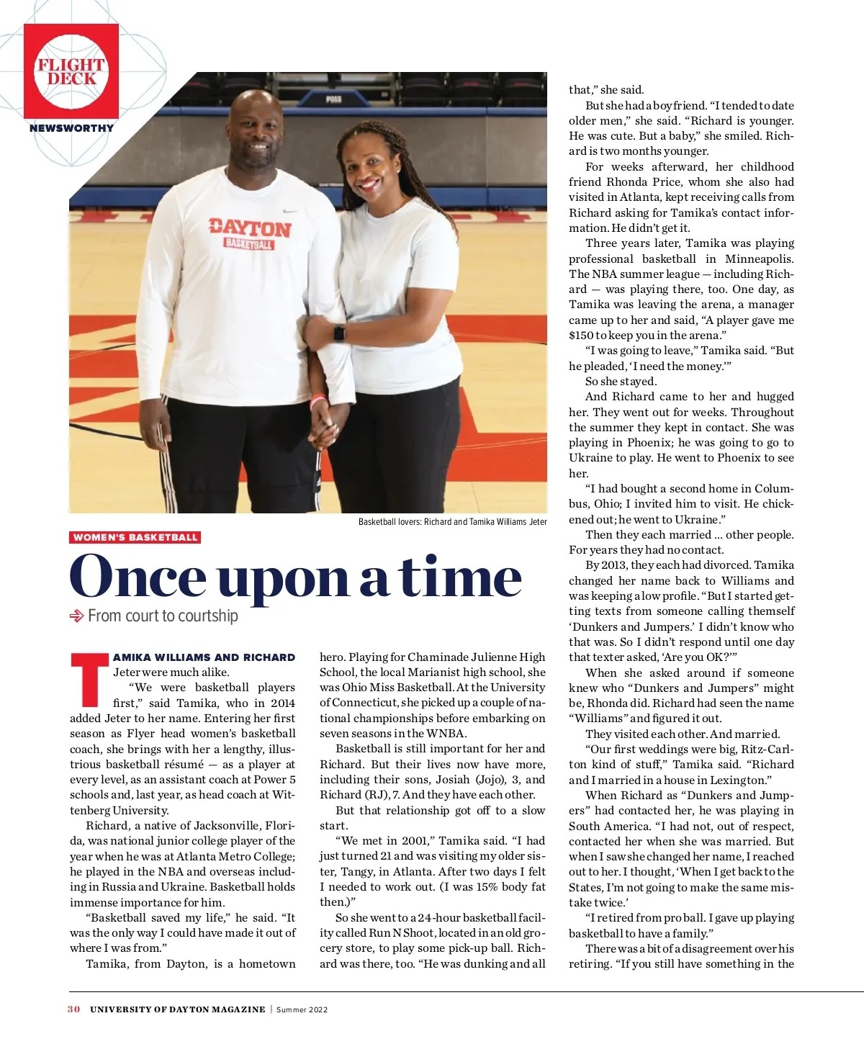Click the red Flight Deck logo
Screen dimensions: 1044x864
71,71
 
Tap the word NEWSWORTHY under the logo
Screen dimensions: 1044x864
71,128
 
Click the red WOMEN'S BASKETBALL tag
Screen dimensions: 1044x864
135,537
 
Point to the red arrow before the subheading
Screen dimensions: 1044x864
76,616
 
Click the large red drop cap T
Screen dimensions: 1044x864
89,680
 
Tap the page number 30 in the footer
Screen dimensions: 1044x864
73,1009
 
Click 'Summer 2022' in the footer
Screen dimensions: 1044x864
302,1009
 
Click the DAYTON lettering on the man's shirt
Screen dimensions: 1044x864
250,228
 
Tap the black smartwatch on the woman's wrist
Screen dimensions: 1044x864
338,333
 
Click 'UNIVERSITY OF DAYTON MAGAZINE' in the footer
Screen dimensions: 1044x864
177,1009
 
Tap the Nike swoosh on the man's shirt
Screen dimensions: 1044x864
290,212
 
